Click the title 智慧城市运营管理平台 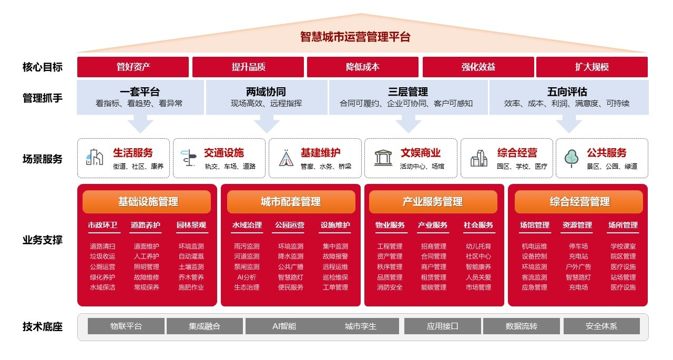pos(355,37)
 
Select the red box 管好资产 pos(133,67)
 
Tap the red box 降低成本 pos(363,67)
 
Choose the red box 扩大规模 pos(592,67)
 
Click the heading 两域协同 pos(266,92)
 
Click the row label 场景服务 pos(42,159)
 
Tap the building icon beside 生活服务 pos(95,158)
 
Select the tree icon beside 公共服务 pos(571,158)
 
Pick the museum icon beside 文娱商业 pos(383,158)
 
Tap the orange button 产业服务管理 pos(433,202)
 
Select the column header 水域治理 pos(247,225)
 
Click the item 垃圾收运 pos(103,256)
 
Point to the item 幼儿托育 pos(478,246)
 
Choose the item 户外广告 pos(578,266)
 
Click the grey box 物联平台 pos(126,326)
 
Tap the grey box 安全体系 pos(601,326)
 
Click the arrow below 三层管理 pos(409,125)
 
